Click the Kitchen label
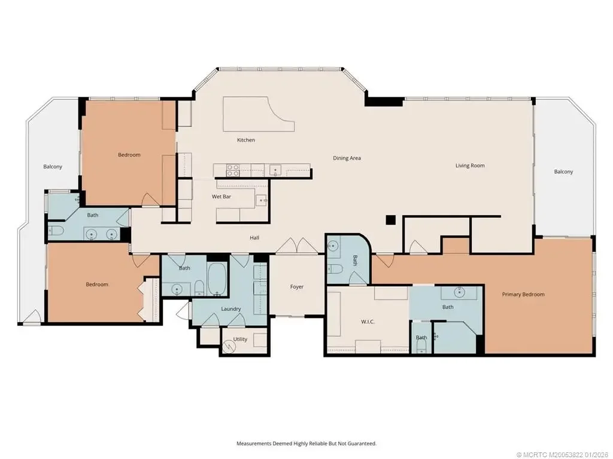coord(246,140)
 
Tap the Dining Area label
coord(347,158)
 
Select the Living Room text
coord(470,166)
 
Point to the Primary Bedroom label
coord(523,294)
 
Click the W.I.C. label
coord(368,322)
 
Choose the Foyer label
coord(297,287)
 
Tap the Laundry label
coord(230,309)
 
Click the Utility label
coord(240,339)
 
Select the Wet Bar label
coord(221,196)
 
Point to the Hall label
coord(254,237)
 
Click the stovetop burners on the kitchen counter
coord(233,170)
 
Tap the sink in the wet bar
coord(262,200)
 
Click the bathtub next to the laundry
coord(217,280)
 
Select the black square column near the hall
coord(390,220)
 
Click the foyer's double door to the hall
coord(297,246)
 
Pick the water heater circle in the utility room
coord(227,346)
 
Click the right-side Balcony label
coord(563,172)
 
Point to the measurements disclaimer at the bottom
coord(306,443)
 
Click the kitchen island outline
coord(258,114)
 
